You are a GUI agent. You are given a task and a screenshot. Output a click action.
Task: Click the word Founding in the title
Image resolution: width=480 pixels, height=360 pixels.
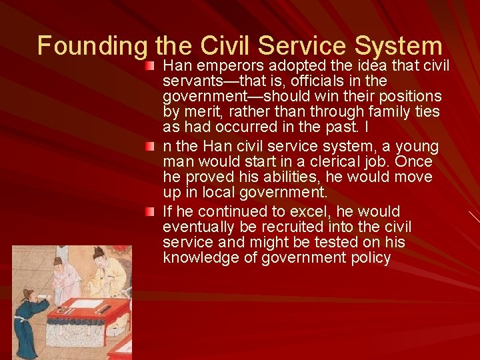coord(92,46)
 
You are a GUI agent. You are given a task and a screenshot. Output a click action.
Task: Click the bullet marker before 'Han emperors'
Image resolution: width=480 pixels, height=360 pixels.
coord(153,66)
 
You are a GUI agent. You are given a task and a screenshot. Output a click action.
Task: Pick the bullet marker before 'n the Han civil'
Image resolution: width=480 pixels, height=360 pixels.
coord(153,146)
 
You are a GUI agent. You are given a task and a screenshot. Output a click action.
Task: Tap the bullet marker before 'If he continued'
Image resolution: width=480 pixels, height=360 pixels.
coord(153,211)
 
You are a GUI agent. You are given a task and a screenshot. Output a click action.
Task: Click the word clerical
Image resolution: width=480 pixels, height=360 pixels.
coord(301,162)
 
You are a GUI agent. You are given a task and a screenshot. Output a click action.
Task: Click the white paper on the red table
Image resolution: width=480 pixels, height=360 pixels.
coord(85,304)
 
